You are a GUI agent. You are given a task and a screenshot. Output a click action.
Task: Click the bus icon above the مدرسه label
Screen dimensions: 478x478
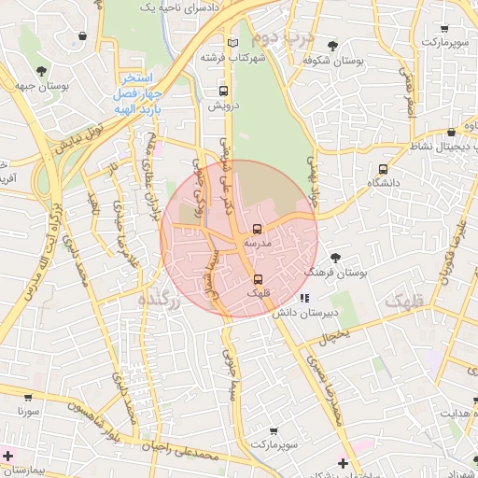click(x=257, y=229)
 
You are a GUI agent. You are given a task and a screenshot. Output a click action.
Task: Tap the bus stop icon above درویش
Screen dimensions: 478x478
click(x=223, y=91)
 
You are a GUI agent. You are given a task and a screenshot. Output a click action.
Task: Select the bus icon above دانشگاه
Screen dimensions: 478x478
click(x=383, y=170)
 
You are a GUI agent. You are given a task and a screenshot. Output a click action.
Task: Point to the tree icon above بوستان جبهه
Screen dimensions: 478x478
click(x=40, y=71)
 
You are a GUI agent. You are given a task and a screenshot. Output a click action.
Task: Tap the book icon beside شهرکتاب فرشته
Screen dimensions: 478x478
click(x=233, y=43)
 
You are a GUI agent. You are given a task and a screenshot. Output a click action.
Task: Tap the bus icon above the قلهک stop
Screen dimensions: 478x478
click(x=258, y=279)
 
